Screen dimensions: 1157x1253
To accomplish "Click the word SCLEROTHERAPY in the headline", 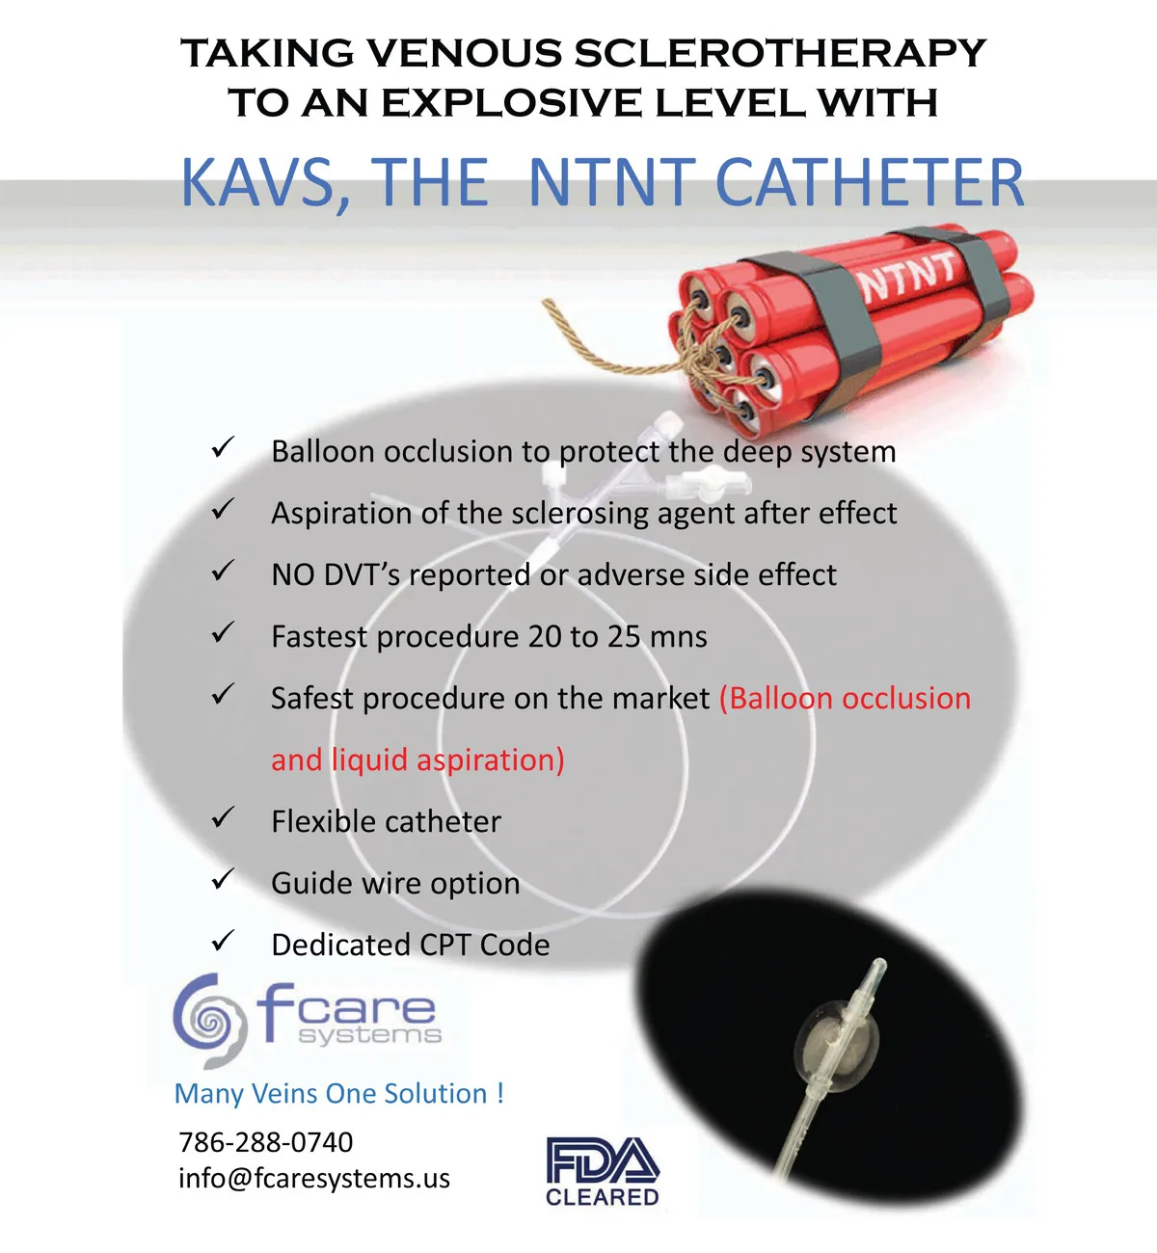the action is point(780,52).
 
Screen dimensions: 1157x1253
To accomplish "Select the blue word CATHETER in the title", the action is point(870,182).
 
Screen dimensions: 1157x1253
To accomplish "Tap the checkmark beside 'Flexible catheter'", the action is point(223,817).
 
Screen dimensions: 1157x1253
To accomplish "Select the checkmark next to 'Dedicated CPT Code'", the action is point(223,941).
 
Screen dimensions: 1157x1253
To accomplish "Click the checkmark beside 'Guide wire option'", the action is point(223,879).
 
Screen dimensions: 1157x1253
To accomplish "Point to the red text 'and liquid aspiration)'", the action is point(417,760).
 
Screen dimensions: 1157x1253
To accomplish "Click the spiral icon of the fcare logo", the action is point(210,1021).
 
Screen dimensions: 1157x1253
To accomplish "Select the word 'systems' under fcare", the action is point(370,1035).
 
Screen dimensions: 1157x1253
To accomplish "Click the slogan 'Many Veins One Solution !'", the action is point(339,1093).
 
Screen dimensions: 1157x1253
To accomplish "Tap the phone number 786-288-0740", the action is point(266,1142).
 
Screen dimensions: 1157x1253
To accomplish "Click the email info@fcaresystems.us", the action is point(314,1179).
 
